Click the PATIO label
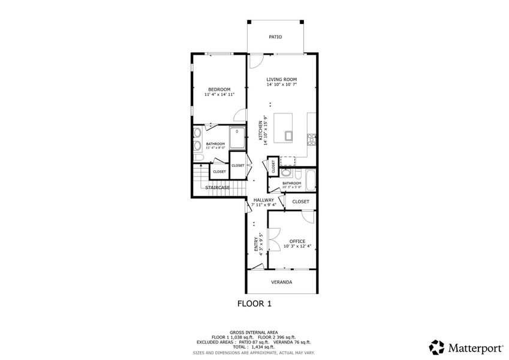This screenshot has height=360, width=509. coord(275,37)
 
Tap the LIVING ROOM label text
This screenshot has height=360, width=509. coord(282,79)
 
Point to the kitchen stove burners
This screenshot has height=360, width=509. coord(312,139)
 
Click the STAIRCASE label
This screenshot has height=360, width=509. coord(218,187)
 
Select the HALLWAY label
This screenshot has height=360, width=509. coord(263,200)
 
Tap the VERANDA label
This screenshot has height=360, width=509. coord(282,282)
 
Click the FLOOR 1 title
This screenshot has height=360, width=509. coord(255,304)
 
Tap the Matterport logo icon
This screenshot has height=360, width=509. coord(437,347)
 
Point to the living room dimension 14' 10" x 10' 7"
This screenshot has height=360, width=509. coord(282,85)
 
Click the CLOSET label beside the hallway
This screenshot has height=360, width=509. coord(301,202)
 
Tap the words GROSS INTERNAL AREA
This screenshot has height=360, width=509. coord(255,332)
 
